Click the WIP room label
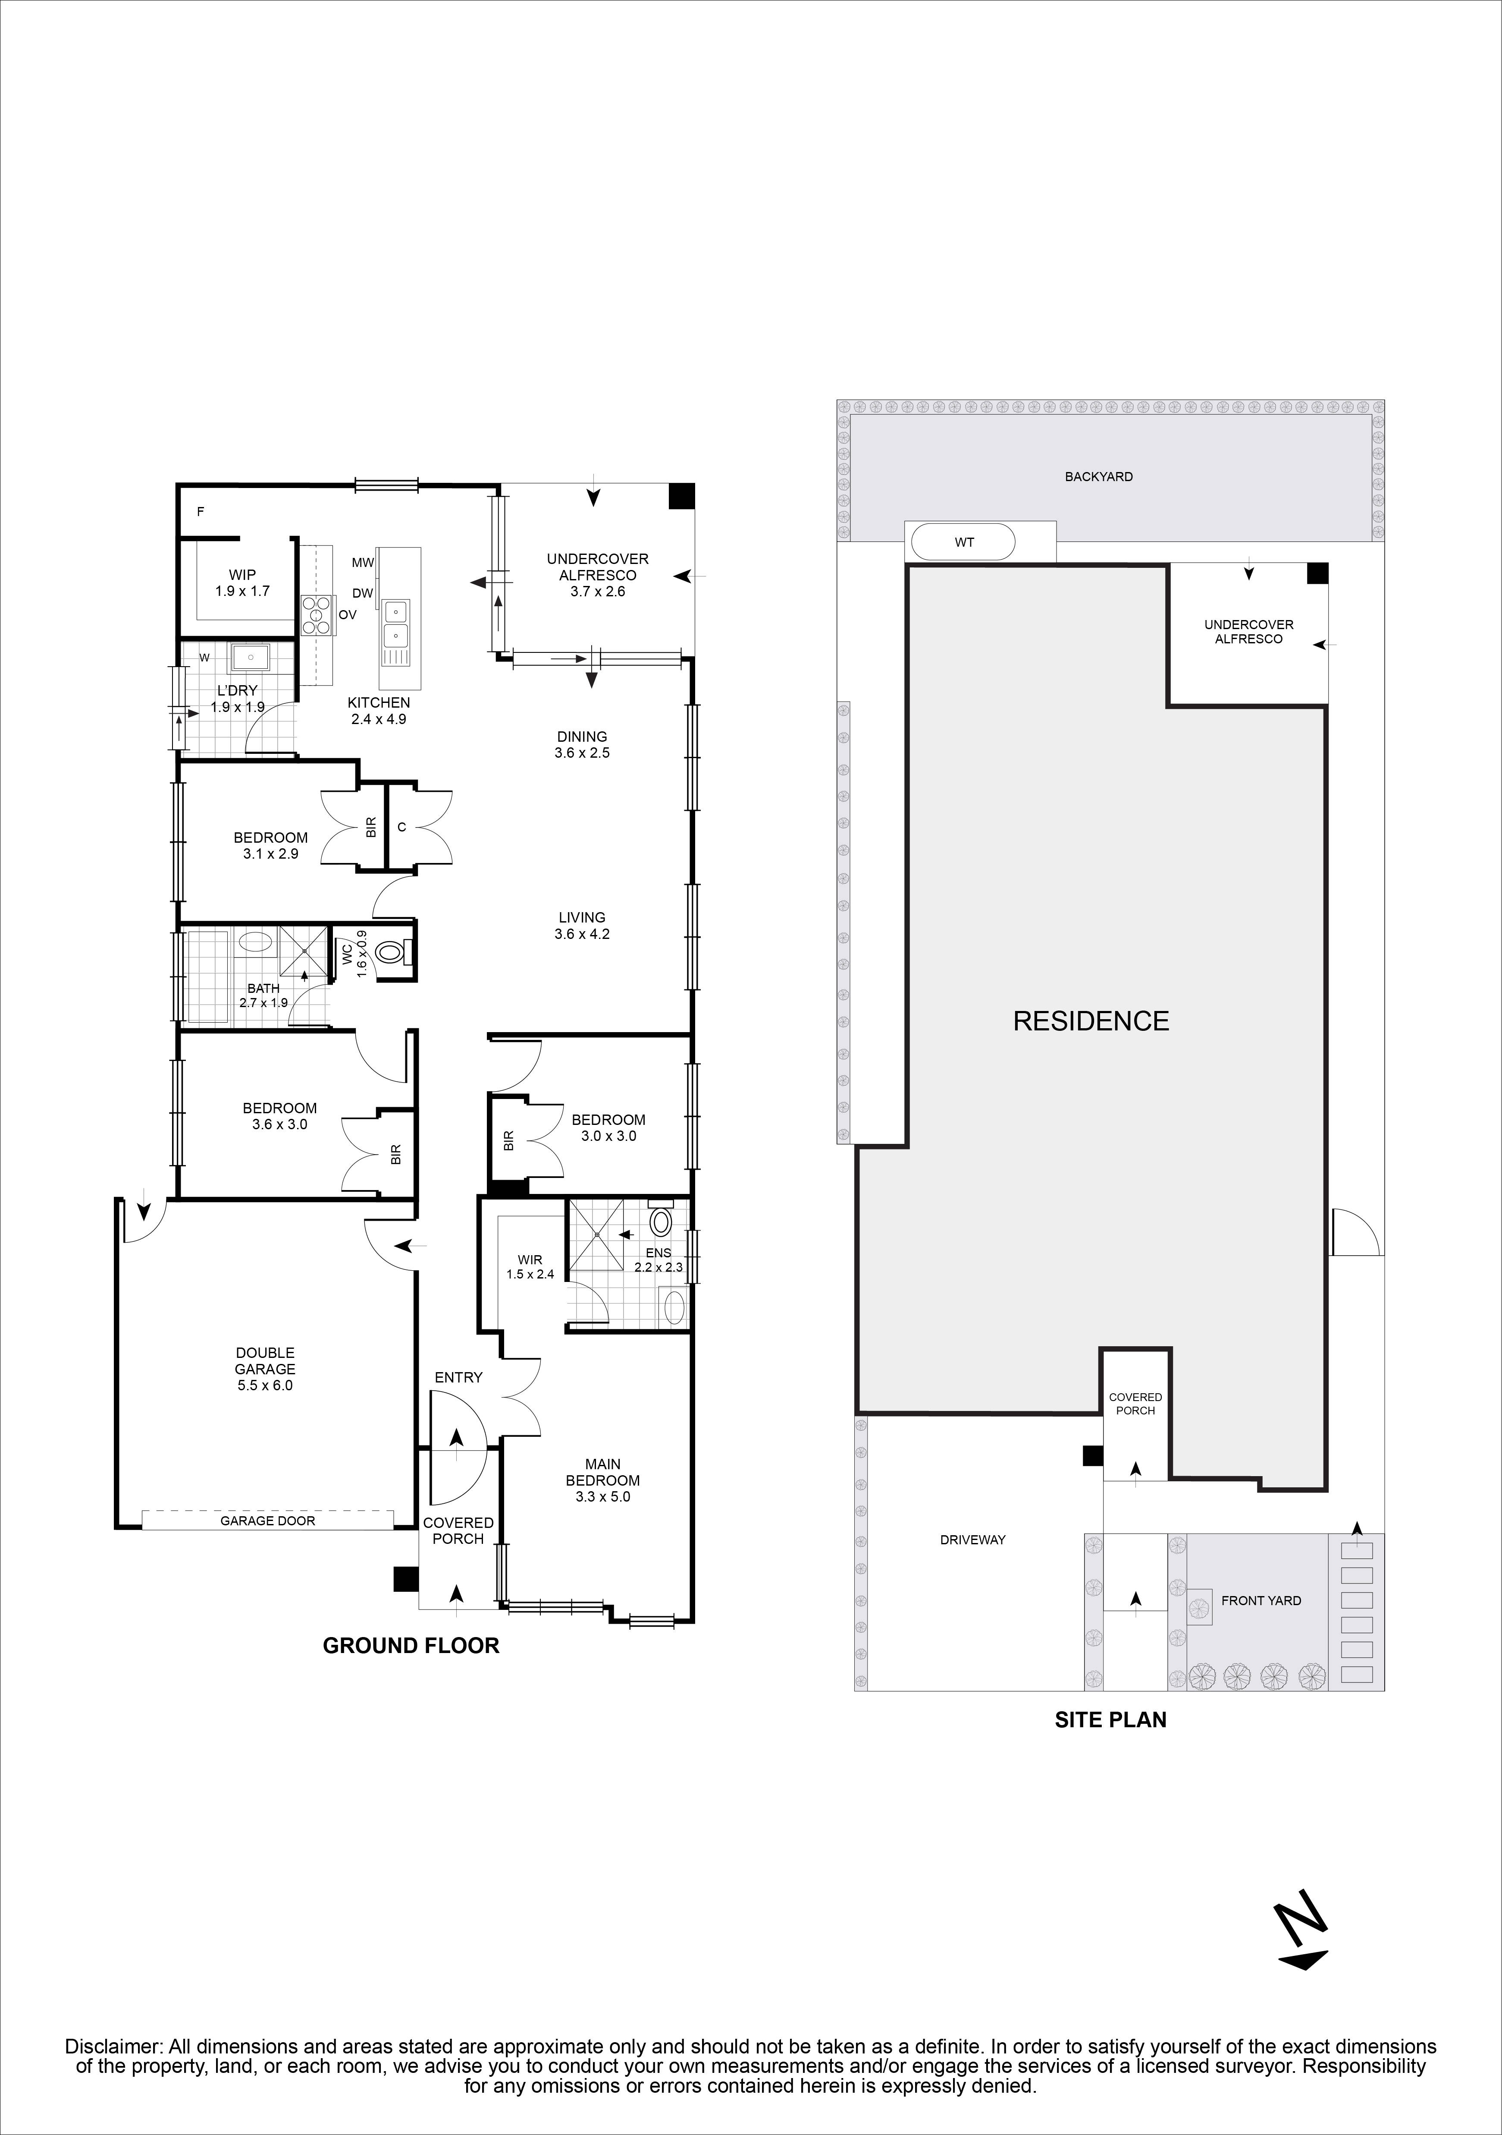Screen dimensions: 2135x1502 241,575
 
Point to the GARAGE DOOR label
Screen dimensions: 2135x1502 268,1521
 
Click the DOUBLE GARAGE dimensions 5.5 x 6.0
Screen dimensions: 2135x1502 265,1385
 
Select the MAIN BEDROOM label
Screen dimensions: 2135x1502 602,1472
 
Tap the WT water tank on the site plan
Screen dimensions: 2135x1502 964,542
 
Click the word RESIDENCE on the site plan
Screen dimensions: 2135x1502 1090,1021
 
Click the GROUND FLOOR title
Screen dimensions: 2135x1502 411,1645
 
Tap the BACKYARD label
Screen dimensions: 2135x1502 1099,476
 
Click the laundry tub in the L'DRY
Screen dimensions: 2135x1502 249,658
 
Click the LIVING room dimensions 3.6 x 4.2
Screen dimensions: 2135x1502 582,934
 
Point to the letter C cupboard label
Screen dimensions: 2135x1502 401,826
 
